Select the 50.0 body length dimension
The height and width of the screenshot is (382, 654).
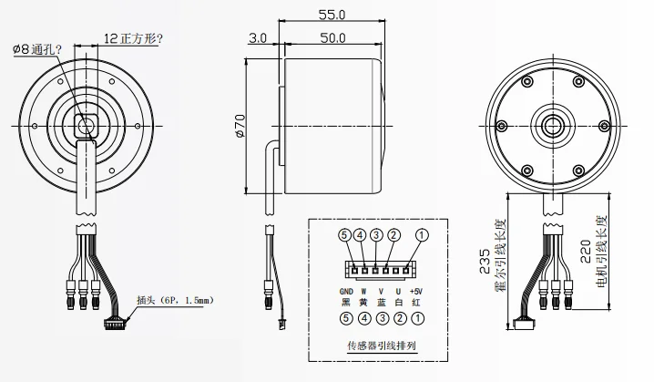click(x=332, y=37)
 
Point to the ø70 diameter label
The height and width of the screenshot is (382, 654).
click(x=240, y=125)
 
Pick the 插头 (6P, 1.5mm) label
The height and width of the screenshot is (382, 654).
click(x=173, y=298)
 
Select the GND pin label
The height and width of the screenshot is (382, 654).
click(x=343, y=290)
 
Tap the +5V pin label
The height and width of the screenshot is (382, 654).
click(x=418, y=290)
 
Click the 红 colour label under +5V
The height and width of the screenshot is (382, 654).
click(x=418, y=302)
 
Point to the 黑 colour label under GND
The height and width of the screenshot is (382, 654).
click(x=343, y=302)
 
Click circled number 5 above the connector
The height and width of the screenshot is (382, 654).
click(x=343, y=235)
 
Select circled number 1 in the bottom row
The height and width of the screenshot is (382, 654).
click(x=418, y=319)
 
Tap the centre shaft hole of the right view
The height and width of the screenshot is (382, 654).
click(x=552, y=125)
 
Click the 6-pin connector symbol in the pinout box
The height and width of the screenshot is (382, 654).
click(x=378, y=268)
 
